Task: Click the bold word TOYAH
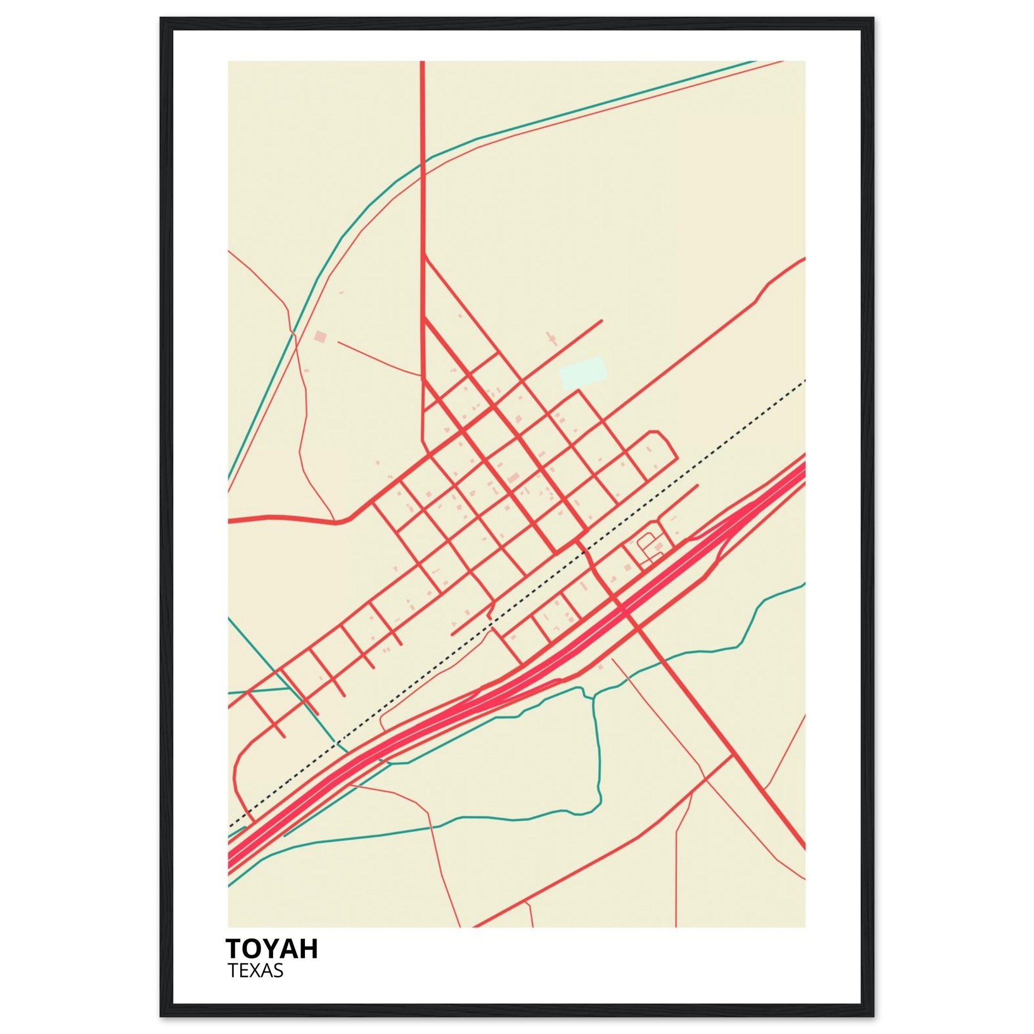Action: [x=272, y=948]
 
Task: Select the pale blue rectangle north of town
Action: [x=583, y=373]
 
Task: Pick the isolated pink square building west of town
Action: [x=320, y=337]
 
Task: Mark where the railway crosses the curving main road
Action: [x=585, y=549]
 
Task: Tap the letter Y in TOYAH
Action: [x=276, y=948]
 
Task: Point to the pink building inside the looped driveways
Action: [x=658, y=546]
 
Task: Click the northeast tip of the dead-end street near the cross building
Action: [x=601, y=321]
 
